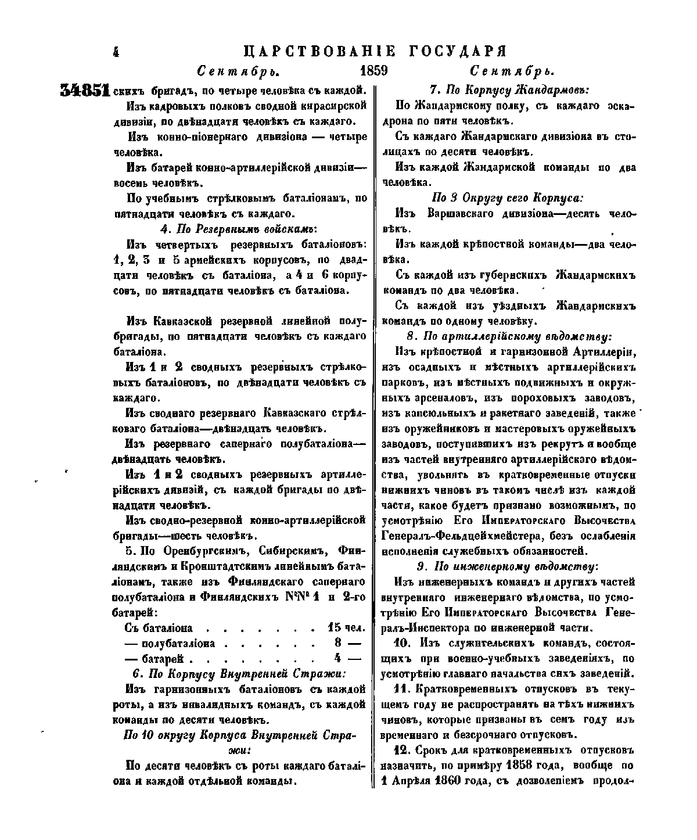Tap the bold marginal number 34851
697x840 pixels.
(x=85, y=91)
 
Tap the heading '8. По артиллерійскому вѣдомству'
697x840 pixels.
(x=509, y=336)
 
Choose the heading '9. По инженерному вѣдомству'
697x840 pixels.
(x=509, y=566)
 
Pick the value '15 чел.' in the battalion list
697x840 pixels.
(x=346, y=629)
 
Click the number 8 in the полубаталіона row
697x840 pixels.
(x=337, y=644)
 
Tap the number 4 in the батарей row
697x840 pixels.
(x=337, y=659)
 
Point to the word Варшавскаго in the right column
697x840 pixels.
(x=459, y=213)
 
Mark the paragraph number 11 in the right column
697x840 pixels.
(x=398, y=689)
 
